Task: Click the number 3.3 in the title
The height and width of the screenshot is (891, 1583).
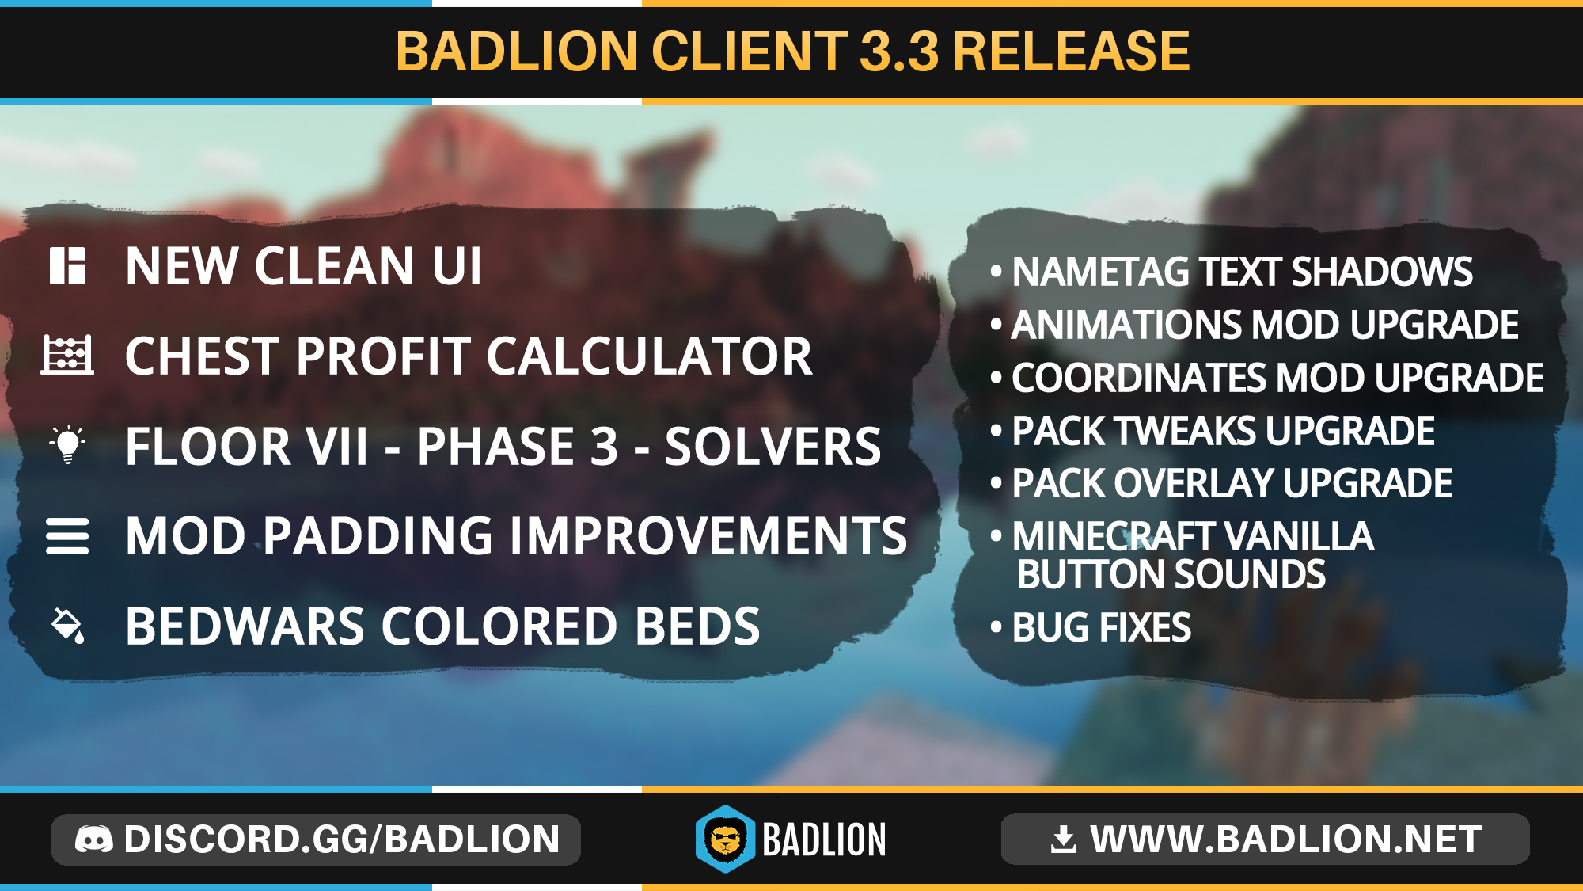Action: click(899, 51)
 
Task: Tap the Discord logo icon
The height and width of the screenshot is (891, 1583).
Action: click(94, 840)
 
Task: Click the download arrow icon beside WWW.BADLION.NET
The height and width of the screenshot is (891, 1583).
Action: click(1064, 840)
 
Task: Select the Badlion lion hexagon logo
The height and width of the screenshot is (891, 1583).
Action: click(725, 840)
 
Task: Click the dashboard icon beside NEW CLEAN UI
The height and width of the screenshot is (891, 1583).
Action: click(67, 266)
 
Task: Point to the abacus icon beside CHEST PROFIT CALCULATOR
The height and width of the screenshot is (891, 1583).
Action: click(67, 354)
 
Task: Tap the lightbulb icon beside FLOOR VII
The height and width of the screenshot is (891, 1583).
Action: click(68, 445)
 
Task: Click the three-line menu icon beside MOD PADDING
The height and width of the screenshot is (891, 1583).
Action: click(67, 536)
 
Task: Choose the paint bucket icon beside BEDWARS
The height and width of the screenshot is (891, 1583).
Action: click(68, 626)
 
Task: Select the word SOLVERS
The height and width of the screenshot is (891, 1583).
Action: click(773, 447)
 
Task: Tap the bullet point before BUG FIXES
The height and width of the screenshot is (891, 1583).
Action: click(996, 626)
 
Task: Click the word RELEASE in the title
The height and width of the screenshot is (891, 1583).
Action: click(1072, 51)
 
